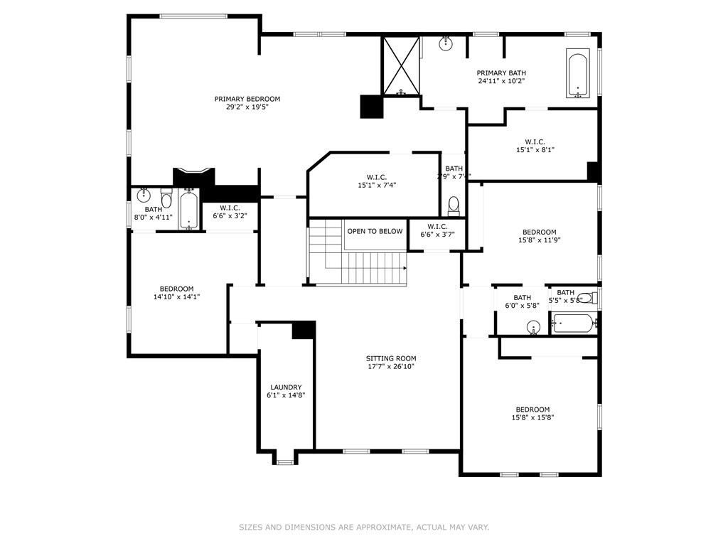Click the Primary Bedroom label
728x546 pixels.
click(247, 99)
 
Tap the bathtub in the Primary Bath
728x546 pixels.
click(577, 73)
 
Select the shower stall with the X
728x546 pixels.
click(402, 65)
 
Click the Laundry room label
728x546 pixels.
click(286, 387)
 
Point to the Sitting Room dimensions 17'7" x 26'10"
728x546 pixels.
click(391, 367)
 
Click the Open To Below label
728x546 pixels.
click(375, 231)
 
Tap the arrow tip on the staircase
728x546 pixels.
click(405, 269)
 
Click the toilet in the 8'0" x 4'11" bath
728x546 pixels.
click(166, 198)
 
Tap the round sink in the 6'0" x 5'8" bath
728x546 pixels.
click(534, 328)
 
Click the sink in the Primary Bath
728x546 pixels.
click(446, 43)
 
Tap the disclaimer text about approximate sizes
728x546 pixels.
click(363, 528)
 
